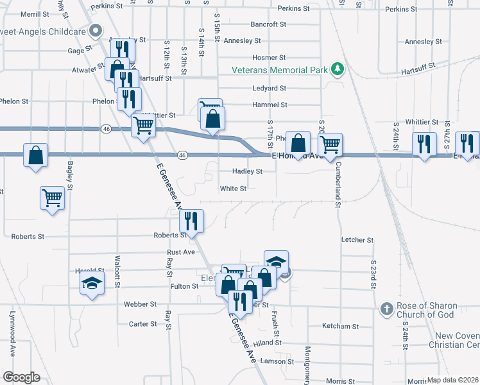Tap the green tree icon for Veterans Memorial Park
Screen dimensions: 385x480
336,69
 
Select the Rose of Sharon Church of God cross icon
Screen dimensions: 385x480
386,309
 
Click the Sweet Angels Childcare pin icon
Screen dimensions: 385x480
97,30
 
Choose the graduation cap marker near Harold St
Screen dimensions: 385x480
92,282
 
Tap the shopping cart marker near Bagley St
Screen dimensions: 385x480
52,197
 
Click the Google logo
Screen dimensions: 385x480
21,377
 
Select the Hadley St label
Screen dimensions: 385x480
248,172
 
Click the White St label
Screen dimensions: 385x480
233,189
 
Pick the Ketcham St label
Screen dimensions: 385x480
340,327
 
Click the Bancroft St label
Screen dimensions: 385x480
269,24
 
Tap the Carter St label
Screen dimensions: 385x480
142,324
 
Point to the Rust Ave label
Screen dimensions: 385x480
180,252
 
